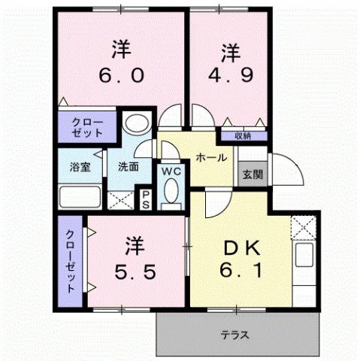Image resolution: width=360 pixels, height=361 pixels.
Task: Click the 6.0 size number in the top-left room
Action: [121, 77]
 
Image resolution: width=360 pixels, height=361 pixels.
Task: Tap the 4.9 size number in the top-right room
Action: [229, 77]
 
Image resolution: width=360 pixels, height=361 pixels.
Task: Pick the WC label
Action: [171, 171]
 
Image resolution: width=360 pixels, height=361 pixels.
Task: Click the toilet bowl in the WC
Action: [171, 193]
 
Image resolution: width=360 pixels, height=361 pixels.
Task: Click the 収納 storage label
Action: [241, 136]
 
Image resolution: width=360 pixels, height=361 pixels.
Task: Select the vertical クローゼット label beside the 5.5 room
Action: [70, 259]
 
